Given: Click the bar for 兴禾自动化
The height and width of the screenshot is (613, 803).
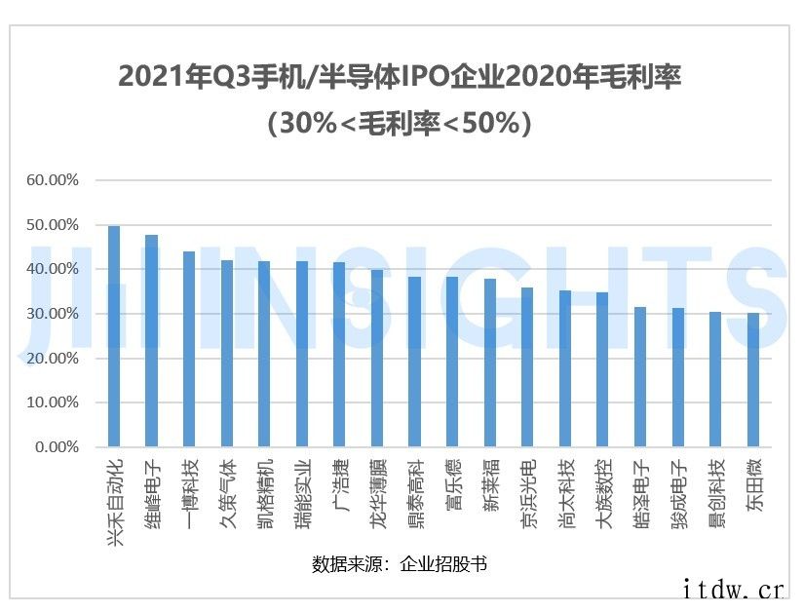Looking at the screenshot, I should tap(114, 336).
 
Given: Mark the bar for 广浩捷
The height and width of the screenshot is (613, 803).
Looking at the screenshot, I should tap(339, 355).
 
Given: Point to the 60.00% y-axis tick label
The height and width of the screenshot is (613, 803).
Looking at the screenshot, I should tap(53, 180).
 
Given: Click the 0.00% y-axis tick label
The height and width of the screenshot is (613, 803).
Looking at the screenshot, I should tap(57, 447).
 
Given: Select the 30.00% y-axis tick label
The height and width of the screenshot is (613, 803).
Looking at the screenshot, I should tap(53, 314).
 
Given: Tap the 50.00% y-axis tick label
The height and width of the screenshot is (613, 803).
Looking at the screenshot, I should tap(53, 225).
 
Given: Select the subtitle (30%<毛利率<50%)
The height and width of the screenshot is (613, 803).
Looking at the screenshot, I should tap(400, 124).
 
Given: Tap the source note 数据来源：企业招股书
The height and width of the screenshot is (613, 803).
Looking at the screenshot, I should tap(400, 564).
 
